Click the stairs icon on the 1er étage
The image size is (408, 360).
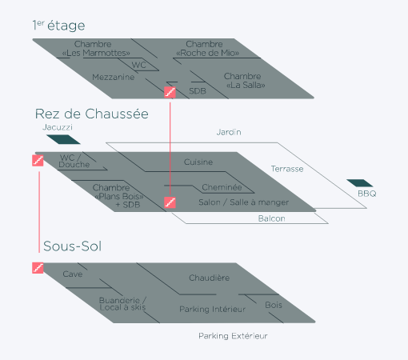tap(170, 92)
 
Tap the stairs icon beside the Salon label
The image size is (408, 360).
tap(170, 202)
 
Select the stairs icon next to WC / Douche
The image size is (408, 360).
tap(38, 161)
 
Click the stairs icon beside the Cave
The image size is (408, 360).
tap(38, 268)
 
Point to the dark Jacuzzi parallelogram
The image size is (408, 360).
tap(63, 139)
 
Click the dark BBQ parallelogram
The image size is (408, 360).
tap(359, 183)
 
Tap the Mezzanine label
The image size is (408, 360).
tap(114, 77)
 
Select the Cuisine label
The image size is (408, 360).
tap(198, 162)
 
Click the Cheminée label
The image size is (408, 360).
tap(222, 187)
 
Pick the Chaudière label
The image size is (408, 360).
tap(210, 278)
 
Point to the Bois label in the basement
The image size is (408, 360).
tap(274, 305)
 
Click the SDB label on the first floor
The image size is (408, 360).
tap(198, 91)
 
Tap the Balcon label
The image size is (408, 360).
tap(272, 218)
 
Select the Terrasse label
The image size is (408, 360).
tap(287, 169)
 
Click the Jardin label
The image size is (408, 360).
tap(229, 132)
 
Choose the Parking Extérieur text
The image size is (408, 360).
tap(233, 336)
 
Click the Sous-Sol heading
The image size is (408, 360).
tap(73, 246)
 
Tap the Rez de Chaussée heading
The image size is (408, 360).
tap(92, 114)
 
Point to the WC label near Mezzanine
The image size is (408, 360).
tap(139, 65)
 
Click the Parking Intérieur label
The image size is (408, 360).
tap(212, 309)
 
